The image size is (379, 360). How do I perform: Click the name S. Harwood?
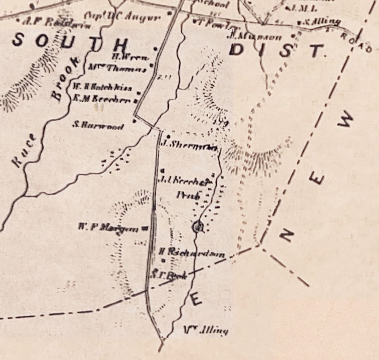98,126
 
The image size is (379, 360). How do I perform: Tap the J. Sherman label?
190,145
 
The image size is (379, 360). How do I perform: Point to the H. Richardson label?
192,252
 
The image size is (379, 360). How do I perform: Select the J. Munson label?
255,37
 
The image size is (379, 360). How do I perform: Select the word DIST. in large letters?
276,50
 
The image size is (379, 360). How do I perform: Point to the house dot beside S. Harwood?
134,122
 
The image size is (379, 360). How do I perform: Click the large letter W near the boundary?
346,120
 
